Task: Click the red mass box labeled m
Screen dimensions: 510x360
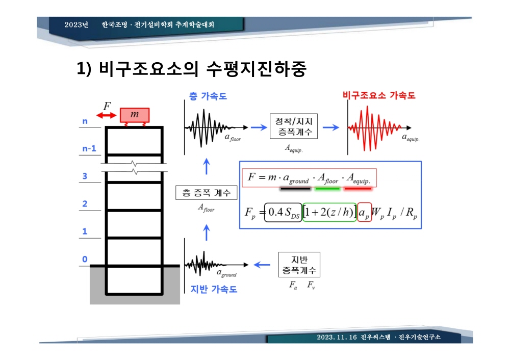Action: [135, 115]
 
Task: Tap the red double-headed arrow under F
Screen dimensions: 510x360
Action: [107, 115]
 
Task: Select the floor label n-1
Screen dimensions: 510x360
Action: [89, 148]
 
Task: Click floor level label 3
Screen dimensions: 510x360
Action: [85, 176]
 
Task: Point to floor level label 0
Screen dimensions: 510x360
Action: [85, 259]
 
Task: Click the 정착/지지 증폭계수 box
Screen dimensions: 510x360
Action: [294, 126]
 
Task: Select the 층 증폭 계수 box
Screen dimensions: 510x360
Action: [206, 193]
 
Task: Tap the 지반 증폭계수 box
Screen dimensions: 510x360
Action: [299, 265]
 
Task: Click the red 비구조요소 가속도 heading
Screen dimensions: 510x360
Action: [379, 95]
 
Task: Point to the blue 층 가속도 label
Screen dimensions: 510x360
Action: [208, 96]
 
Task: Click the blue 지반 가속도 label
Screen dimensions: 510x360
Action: [214, 289]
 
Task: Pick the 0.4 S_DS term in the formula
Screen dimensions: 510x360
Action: [283, 212]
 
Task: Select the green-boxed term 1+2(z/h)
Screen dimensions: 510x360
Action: [329, 212]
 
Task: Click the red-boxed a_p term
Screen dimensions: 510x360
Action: [364, 213]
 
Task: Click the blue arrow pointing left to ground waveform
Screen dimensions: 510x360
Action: [262, 265]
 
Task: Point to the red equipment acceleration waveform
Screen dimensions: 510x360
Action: [374, 128]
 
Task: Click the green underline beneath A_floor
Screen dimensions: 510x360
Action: [327, 189]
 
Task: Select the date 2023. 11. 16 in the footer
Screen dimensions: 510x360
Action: [337, 337]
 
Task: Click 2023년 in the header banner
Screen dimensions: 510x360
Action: [76, 24]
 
